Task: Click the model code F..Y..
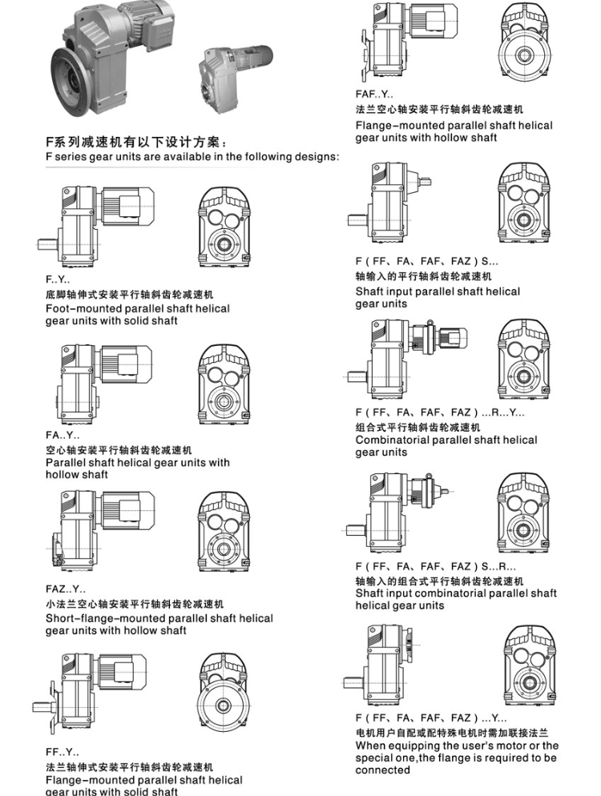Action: tap(58, 279)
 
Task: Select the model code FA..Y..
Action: tap(63, 436)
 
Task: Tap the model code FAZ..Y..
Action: tap(66, 589)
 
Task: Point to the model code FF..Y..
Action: tap(62, 752)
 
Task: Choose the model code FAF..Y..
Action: tap(374, 94)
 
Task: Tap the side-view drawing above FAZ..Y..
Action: tap(102, 530)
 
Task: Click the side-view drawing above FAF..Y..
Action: tap(409, 42)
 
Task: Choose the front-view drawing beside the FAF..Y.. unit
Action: tap(525, 42)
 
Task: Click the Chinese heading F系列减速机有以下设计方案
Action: tap(136, 143)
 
